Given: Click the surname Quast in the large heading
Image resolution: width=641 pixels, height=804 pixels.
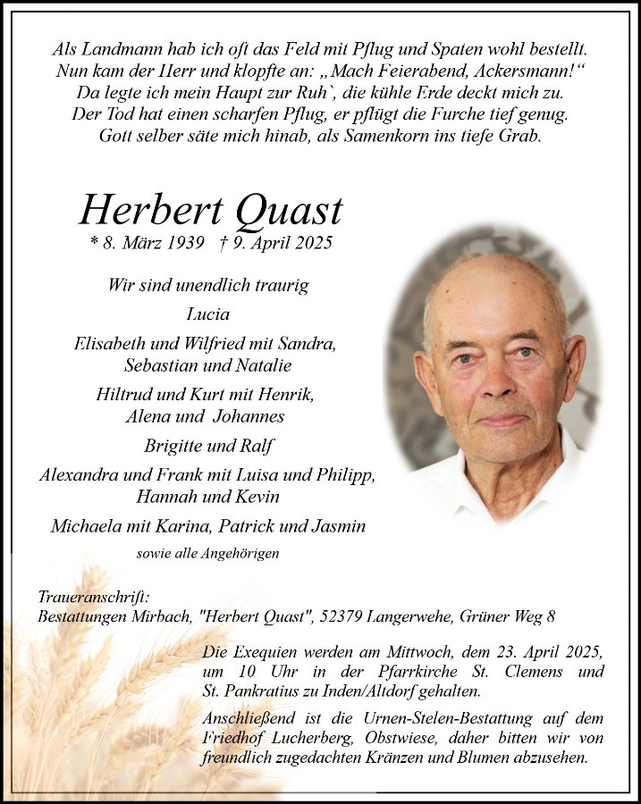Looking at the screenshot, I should (x=288, y=211).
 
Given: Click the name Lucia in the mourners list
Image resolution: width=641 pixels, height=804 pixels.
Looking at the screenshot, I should (x=207, y=314).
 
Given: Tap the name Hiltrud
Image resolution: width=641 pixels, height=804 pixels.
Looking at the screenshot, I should (x=125, y=394).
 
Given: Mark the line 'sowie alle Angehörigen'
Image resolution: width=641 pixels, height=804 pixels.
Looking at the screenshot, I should (x=207, y=554).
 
